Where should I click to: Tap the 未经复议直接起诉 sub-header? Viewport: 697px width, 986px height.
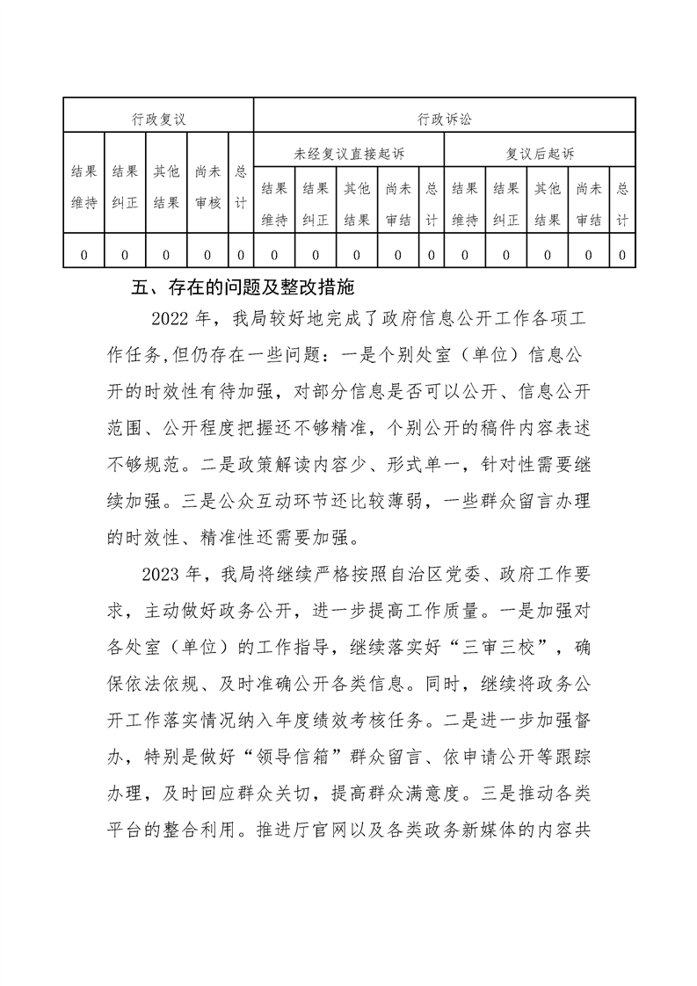[349, 154]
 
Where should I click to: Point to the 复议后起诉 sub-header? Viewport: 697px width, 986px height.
[540, 154]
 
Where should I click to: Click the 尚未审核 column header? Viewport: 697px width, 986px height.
[207, 187]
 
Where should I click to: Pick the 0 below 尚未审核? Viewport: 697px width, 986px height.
[207, 255]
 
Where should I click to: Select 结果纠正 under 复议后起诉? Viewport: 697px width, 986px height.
[505, 204]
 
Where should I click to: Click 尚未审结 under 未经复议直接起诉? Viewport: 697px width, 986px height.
[398, 204]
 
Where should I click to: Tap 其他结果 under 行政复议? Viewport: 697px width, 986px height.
[166, 187]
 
